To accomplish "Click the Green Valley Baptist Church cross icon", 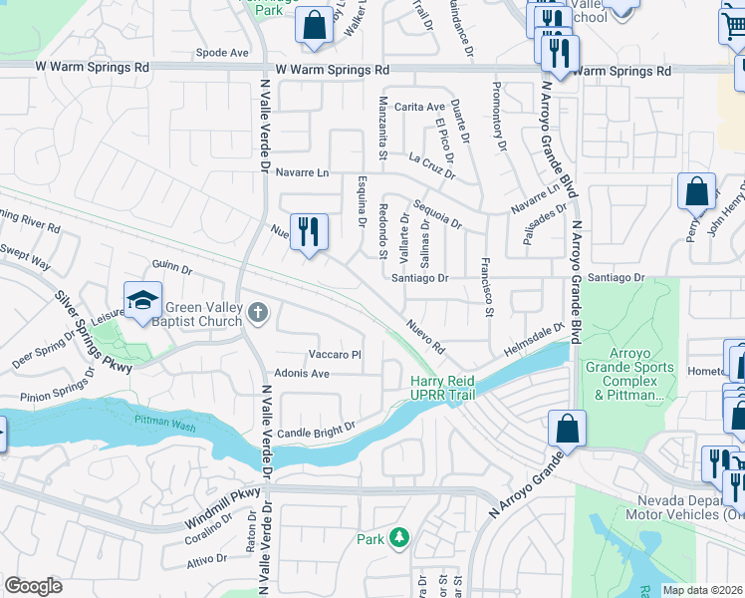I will (258, 314).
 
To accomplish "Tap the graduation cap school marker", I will (142, 300).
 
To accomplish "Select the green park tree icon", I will (399, 538).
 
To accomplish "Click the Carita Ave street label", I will (419, 107).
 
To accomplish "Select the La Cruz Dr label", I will (431, 165).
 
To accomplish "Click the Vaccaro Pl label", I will (334, 354).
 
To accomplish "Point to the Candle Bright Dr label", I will (317, 428).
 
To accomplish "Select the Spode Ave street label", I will (222, 52).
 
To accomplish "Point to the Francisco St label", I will (487, 287).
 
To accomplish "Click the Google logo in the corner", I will (33, 585).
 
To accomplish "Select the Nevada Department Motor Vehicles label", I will (684, 508).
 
